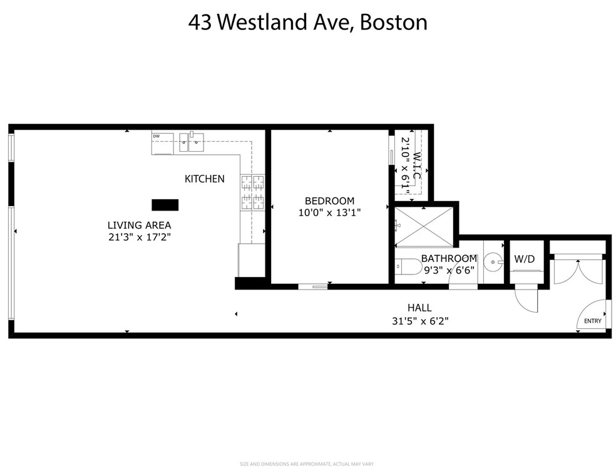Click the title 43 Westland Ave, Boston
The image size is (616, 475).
308,23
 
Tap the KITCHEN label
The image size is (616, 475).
204,179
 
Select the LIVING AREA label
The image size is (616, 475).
139,225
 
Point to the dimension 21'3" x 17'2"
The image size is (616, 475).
139,237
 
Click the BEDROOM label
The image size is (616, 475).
329,201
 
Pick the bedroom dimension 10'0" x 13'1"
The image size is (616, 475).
329,212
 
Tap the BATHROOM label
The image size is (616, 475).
448,258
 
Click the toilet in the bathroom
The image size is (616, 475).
406,266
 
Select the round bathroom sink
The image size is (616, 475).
494,258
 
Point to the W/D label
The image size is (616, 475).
524,258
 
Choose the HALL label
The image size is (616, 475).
419,308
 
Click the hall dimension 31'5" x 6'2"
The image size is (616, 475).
419,320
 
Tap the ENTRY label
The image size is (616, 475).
592,321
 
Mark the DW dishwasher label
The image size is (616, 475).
156,136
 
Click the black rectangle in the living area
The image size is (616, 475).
165,205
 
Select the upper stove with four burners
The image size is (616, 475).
253,182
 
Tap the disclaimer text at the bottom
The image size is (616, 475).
307,464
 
